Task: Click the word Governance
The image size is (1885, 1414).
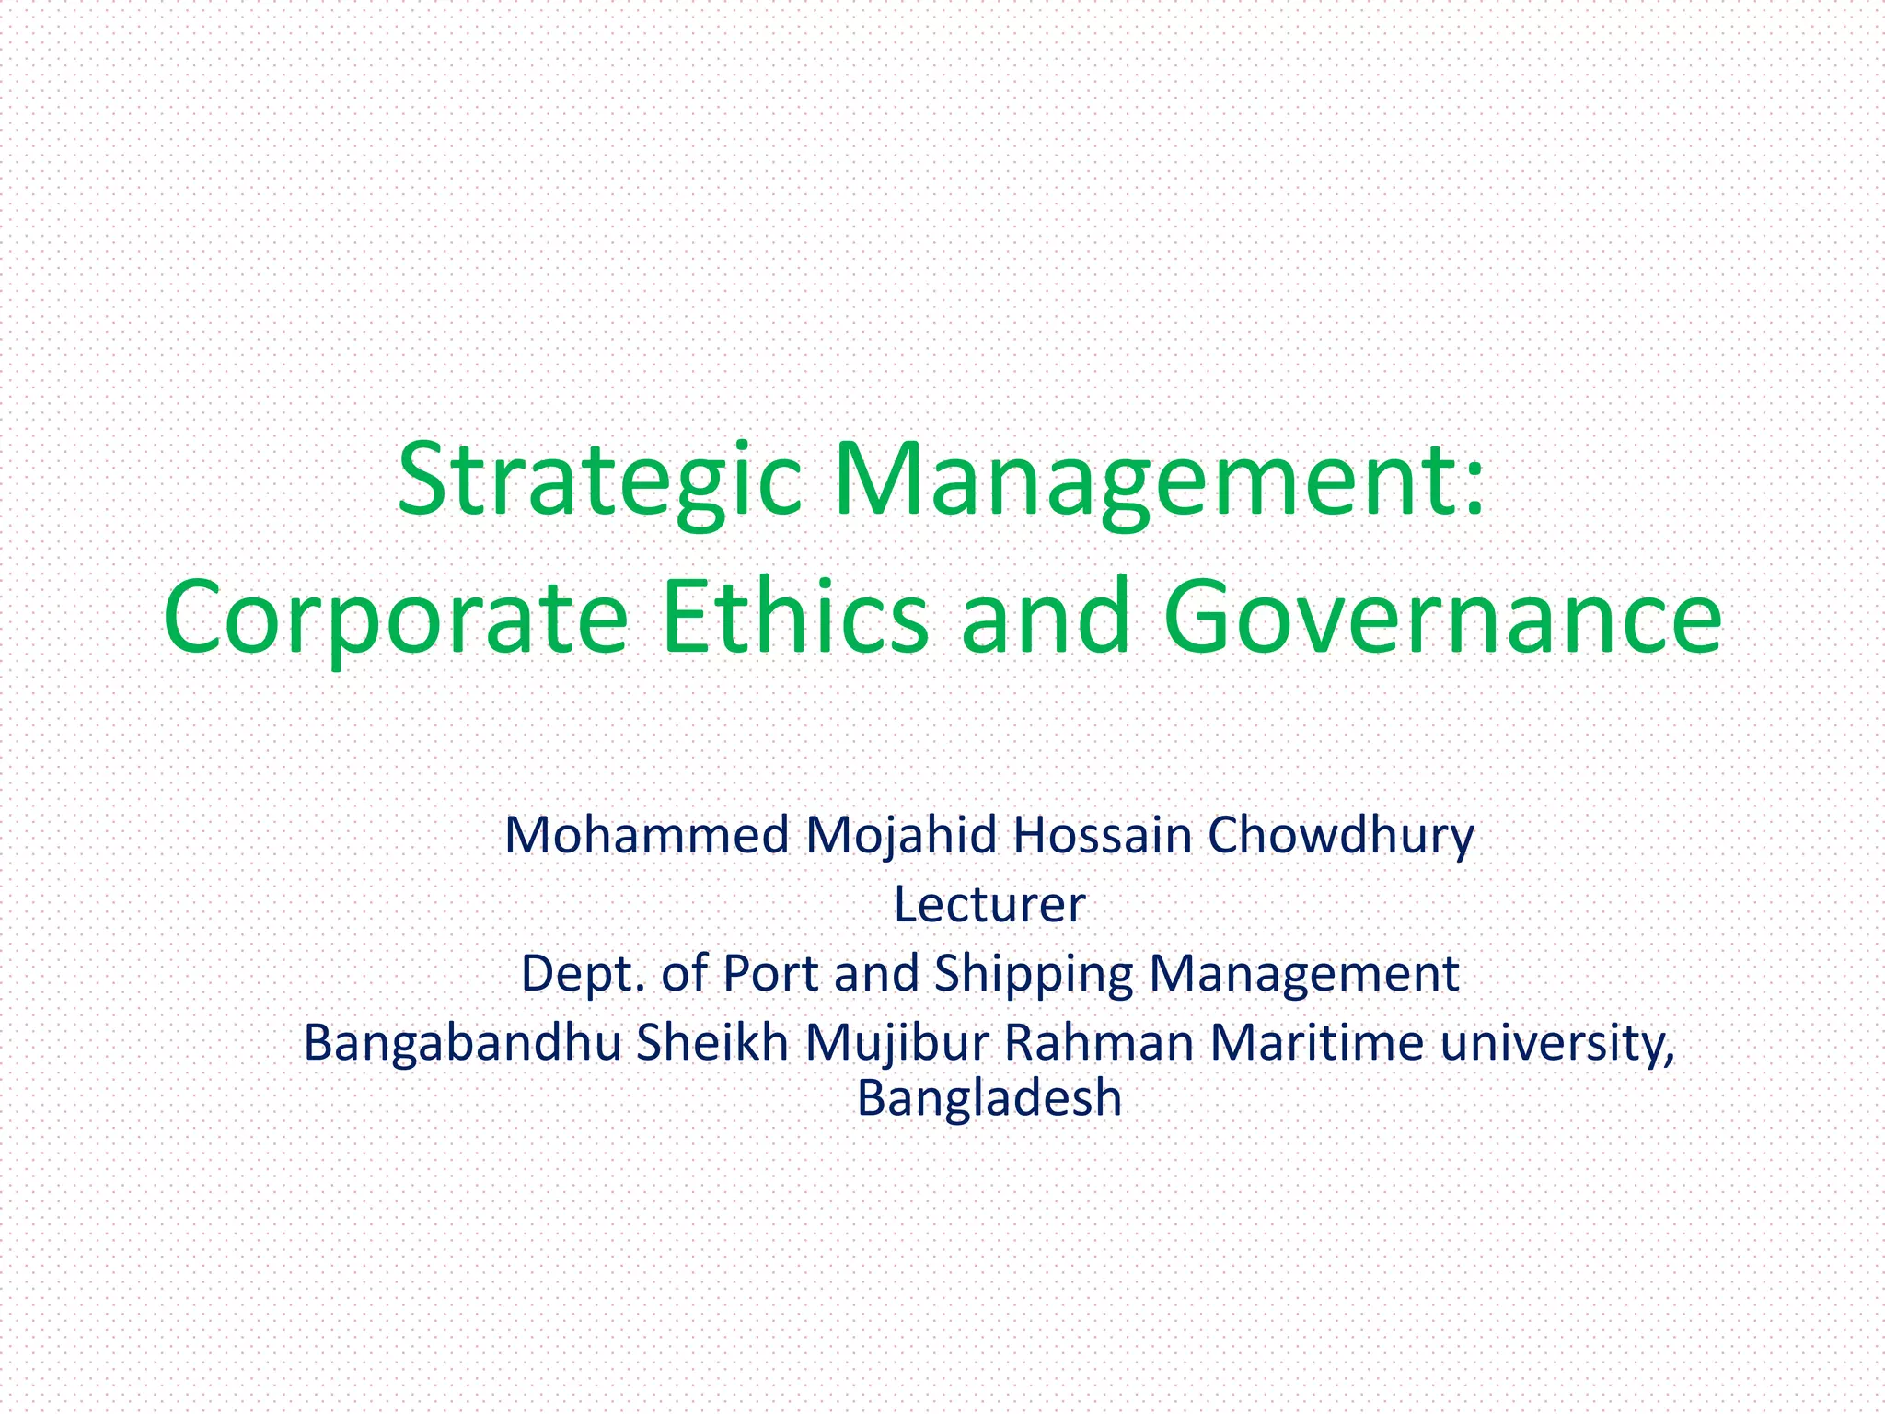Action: pyautogui.click(x=1441, y=615)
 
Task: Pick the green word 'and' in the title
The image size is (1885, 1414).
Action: pyautogui.click(x=1046, y=615)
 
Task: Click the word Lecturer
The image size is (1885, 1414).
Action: pyautogui.click(x=989, y=905)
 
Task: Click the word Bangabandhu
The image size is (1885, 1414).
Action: pyautogui.click(x=462, y=1043)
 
